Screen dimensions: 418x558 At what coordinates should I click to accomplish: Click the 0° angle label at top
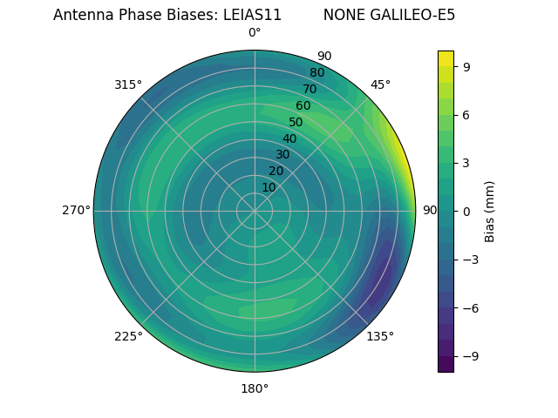[x=255, y=33]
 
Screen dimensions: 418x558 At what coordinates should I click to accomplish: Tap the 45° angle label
[x=380, y=84]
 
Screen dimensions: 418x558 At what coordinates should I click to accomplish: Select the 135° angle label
[x=380, y=336]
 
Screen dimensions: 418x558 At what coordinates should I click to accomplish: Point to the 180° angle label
[x=255, y=388]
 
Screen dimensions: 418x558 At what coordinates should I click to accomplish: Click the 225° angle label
[x=128, y=336]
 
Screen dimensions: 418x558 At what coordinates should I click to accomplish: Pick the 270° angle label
[x=76, y=211]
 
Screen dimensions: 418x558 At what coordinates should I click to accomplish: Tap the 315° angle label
[x=128, y=84]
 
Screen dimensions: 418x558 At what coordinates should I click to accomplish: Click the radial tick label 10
[x=269, y=187]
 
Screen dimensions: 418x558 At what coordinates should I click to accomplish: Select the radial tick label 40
[x=289, y=138]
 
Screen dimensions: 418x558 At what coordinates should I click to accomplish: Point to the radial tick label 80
[x=316, y=73]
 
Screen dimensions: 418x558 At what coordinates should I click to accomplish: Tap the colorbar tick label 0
[x=466, y=211]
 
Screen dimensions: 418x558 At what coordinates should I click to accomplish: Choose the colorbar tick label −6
[x=469, y=307]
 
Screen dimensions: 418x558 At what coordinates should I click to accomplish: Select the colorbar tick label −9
[x=469, y=356]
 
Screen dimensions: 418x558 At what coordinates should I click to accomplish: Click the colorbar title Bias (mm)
[x=490, y=211]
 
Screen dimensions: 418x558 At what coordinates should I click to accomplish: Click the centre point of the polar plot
[x=255, y=211]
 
